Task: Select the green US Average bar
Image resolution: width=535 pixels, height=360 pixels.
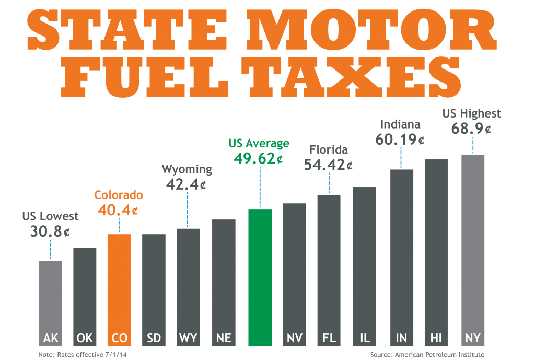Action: coord(260,277)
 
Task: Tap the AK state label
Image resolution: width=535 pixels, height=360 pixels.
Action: coord(50,338)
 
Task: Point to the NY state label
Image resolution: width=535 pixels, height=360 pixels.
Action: coord(473,338)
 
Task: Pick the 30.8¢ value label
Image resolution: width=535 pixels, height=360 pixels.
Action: coord(50,230)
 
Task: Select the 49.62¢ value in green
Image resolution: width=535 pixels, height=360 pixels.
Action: coord(259,158)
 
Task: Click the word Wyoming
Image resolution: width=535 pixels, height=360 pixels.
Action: coord(187,170)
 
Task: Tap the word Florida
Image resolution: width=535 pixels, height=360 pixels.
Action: coord(329,150)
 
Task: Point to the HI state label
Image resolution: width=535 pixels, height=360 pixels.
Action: coord(436,338)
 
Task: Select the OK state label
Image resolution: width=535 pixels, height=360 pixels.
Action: coord(85,338)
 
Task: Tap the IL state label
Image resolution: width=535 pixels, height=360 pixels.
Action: coord(365,338)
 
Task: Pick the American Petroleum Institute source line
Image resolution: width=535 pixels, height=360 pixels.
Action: coord(427,355)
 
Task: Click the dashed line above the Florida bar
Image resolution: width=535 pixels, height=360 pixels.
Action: coord(329,183)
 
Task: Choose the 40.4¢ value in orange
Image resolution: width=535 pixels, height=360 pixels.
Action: coord(118,211)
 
